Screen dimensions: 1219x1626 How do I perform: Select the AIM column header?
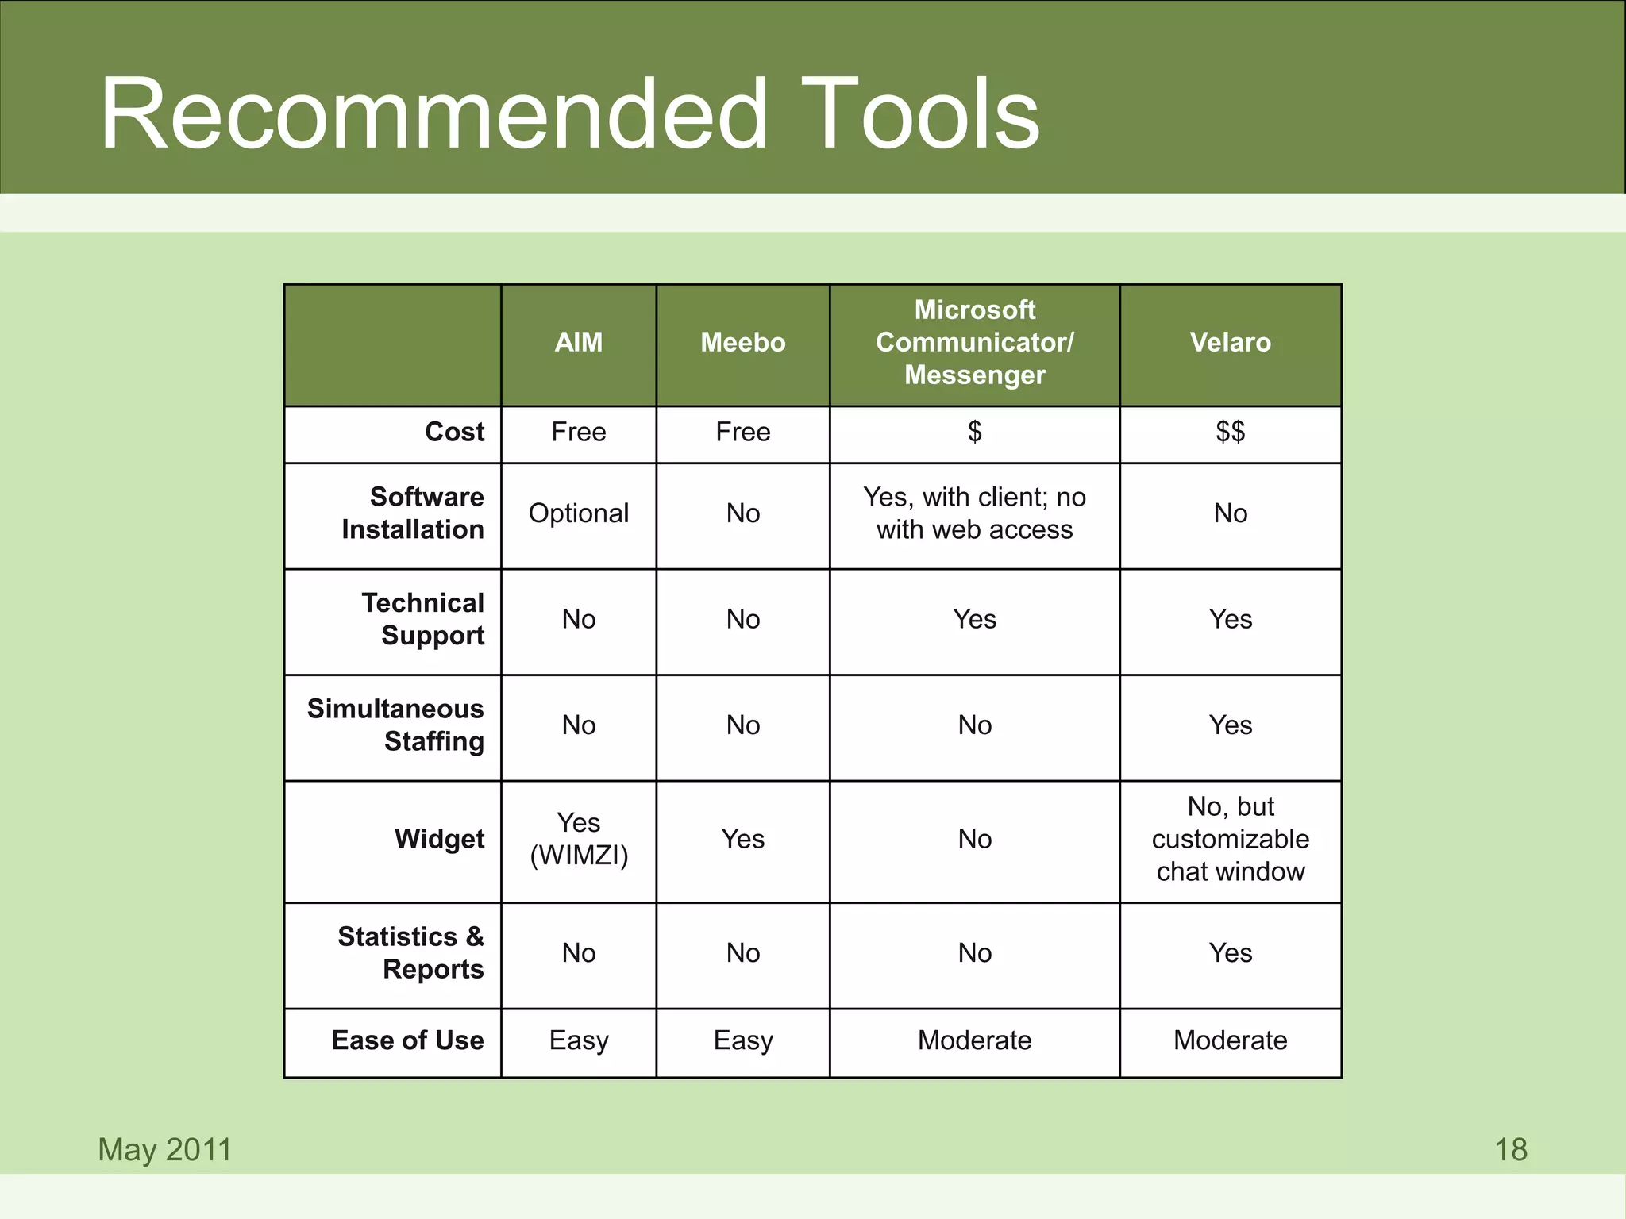click(579, 343)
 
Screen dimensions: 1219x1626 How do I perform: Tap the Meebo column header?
click(743, 343)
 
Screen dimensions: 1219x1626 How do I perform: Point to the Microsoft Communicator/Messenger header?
click(975, 342)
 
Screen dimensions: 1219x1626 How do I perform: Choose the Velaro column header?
click(1231, 343)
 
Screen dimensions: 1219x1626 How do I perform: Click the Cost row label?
click(454, 432)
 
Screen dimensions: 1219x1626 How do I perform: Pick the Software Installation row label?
click(413, 513)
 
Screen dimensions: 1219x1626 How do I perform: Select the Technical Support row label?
click(423, 619)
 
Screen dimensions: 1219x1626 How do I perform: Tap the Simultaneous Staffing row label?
click(396, 725)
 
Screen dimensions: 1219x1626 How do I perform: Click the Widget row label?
click(439, 839)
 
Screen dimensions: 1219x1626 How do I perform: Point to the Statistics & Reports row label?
click(410, 952)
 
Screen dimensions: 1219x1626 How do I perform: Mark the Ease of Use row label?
click(408, 1040)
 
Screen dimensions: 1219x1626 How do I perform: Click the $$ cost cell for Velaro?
click(1231, 432)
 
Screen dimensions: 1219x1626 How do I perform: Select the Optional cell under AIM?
click(579, 513)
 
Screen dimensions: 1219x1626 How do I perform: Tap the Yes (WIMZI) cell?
click(579, 839)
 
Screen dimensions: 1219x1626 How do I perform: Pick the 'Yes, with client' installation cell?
click(975, 513)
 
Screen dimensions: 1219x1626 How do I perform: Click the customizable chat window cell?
click(1231, 839)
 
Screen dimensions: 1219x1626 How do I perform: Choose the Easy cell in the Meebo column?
click(743, 1040)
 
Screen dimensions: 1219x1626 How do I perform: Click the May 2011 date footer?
click(165, 1150)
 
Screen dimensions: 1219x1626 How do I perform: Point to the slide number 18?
click(1511, 1150)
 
